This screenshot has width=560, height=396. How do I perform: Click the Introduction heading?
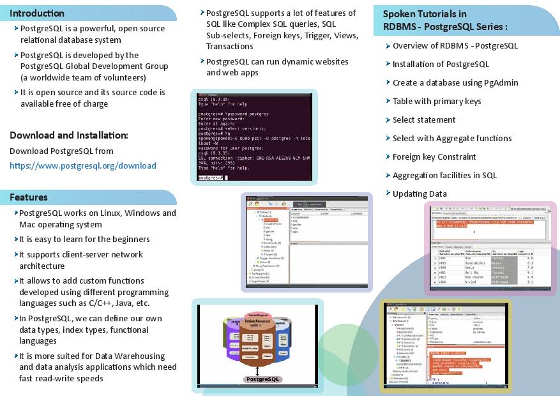[x=37, y=13]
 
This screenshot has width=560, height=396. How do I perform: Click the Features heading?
[x=29, y=197]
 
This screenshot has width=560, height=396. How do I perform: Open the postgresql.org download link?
[x=83, y=165]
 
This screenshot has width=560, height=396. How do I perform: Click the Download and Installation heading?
[x=69, y=135]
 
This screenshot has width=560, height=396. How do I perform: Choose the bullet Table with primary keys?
[x=437, y=101]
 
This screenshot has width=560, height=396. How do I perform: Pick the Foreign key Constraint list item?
[x=434, y=156]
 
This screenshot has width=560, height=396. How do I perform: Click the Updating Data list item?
[x=420, y=194]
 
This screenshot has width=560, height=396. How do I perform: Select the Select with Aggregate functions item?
[x=452, y=138]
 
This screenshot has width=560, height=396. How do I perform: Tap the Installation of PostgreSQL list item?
[x=441, y=64]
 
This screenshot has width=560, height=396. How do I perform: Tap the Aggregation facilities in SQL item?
[x=444, y=175]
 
